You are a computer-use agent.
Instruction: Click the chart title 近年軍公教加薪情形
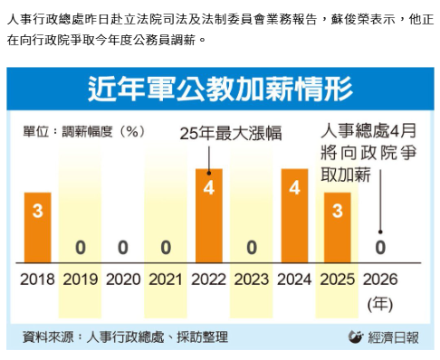(219, 89)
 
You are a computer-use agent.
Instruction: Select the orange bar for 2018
(37, 223)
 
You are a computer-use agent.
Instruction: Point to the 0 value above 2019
(81, 246)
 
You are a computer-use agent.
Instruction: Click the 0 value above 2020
(123, 246)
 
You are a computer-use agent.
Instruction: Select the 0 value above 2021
(166, 246)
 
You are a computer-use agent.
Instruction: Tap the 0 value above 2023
(252, 246)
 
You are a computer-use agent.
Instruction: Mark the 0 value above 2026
(380, 246)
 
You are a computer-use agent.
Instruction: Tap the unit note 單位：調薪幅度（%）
(84, 132)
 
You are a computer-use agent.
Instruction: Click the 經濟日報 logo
(384, 337)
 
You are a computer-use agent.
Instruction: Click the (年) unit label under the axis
(380, 304)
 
